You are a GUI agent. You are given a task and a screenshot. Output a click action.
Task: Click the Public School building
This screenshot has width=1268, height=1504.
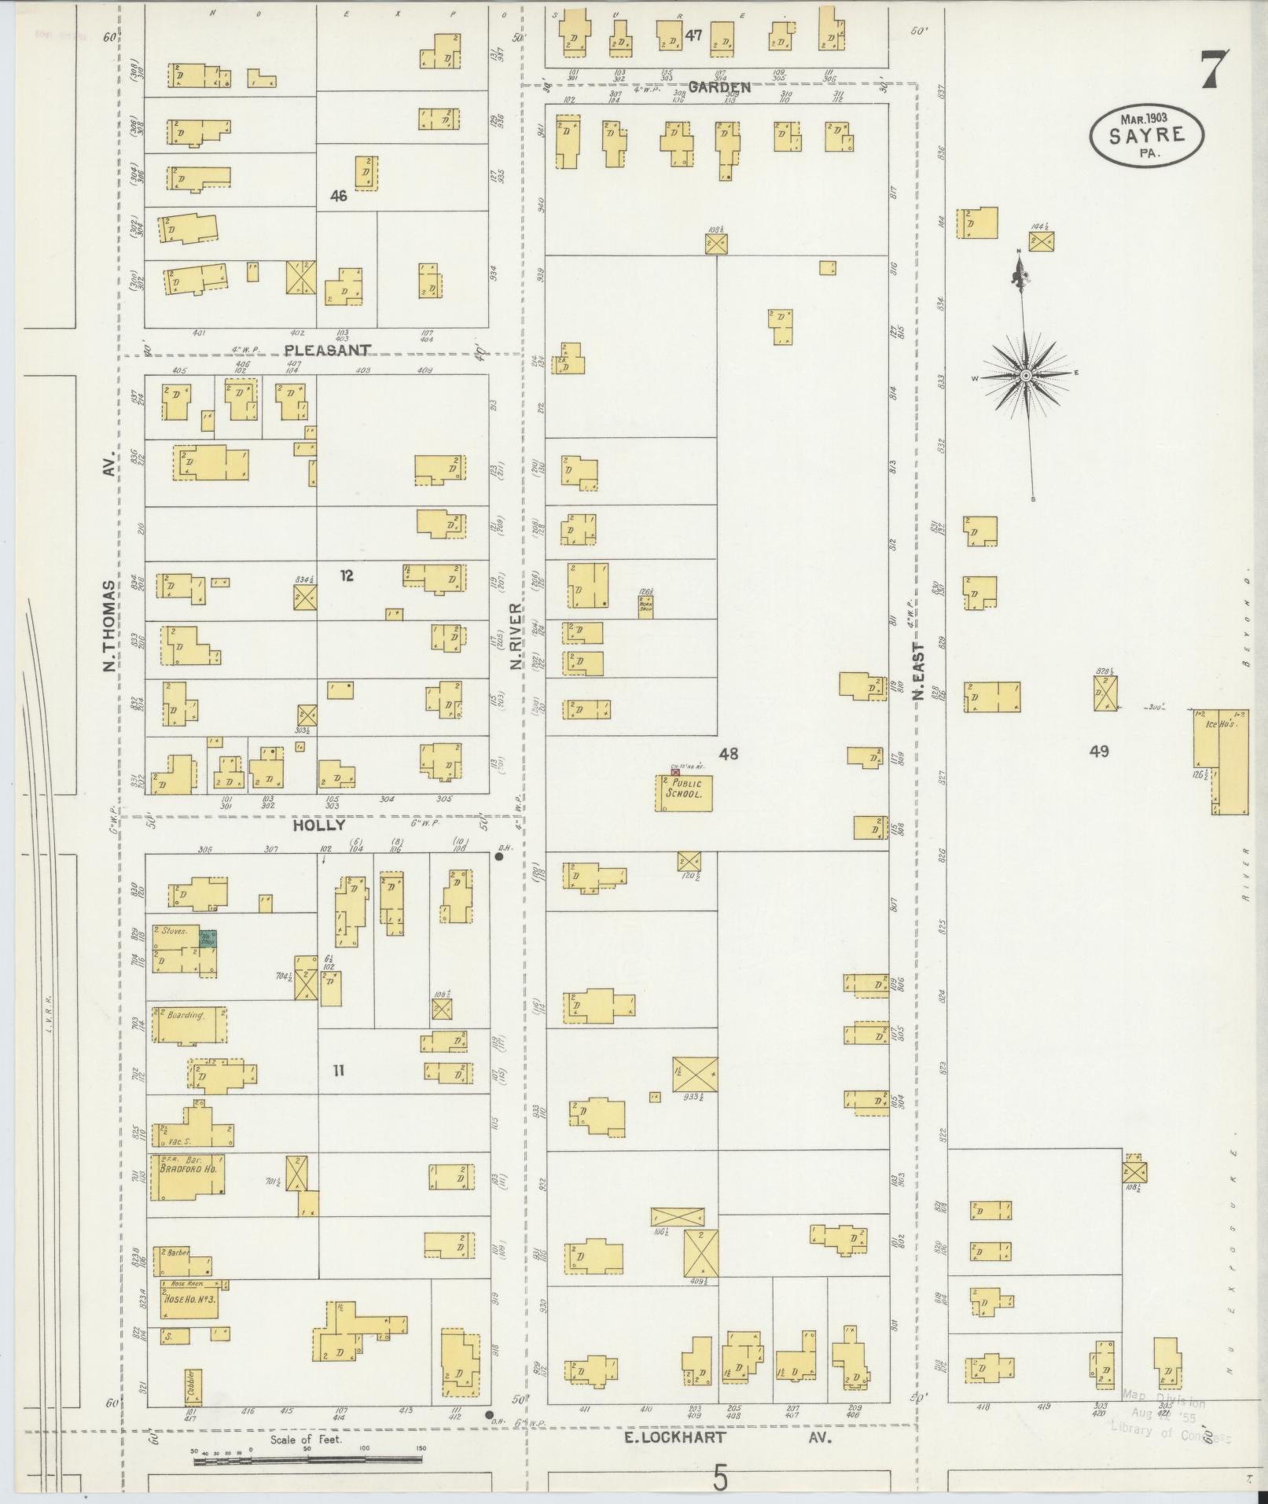(x=684, y=792)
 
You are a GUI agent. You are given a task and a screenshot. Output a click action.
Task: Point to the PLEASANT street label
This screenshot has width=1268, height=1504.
(x=327, y=349)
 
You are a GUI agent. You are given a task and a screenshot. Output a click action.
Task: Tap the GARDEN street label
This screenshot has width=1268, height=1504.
(x=719, y=87)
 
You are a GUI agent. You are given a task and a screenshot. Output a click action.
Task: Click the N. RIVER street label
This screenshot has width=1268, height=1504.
(x=516, y=636)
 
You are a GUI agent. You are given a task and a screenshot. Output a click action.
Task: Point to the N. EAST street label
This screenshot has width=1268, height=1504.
(x=917, y=673)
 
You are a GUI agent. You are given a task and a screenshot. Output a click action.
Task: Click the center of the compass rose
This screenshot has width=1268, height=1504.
(x=1026, y=377)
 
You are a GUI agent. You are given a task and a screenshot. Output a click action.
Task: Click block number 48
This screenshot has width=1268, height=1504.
(x=728, y=753)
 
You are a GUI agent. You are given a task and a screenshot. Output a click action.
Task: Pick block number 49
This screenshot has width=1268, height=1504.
(x=1098, y=751)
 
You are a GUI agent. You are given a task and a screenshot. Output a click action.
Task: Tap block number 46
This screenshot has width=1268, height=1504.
(x=338, y=196)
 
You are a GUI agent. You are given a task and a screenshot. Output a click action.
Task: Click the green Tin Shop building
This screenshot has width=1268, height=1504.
(x=208, y=939)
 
